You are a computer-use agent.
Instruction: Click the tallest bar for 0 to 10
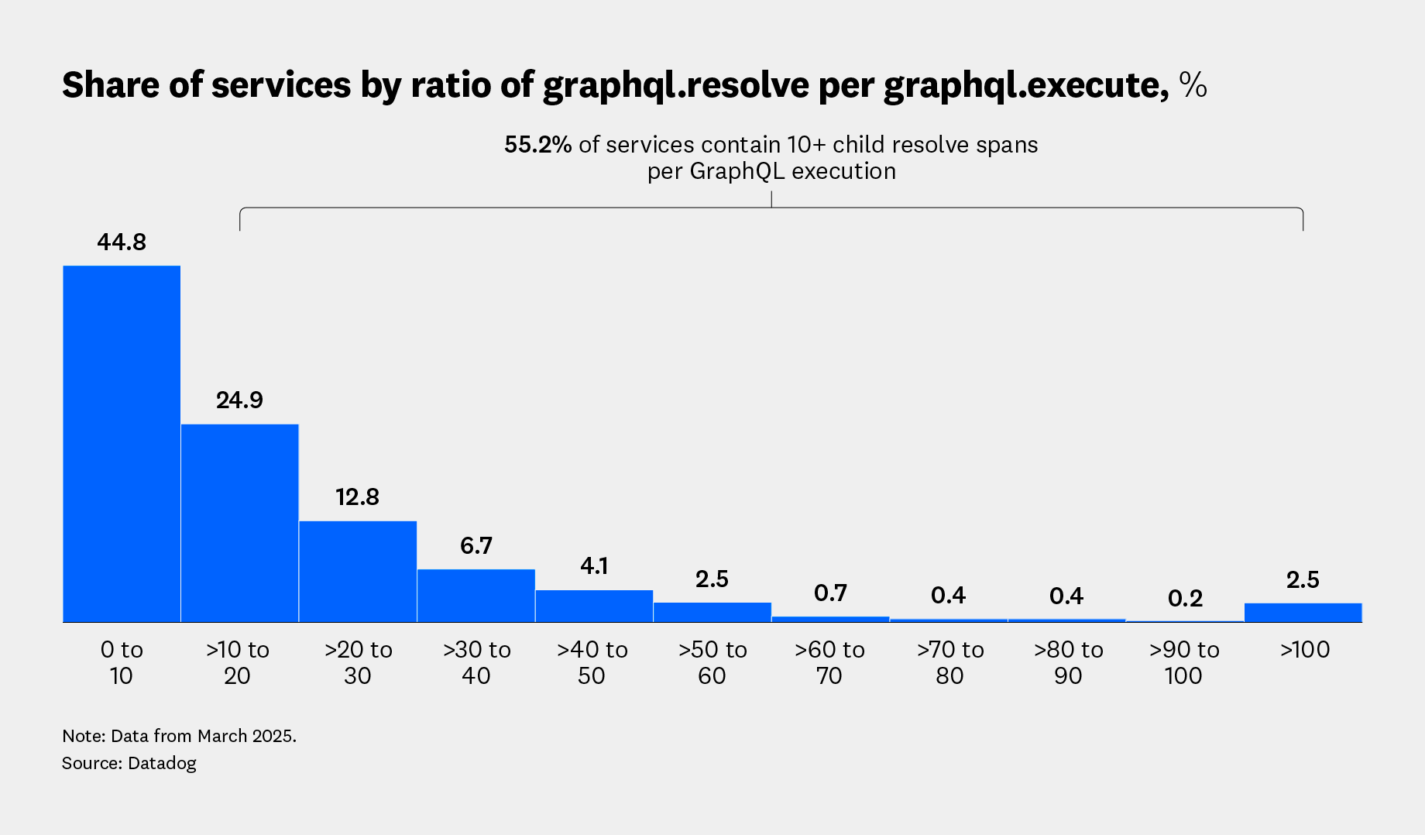122,443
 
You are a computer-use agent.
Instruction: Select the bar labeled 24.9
239,523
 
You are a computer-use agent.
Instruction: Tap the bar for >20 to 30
358,571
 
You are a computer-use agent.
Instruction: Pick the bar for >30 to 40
476,595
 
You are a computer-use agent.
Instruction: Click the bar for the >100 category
1303,612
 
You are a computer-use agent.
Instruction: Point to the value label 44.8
122,242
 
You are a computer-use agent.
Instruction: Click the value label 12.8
357,497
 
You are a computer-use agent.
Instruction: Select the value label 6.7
476,546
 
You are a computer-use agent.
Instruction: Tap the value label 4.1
594,566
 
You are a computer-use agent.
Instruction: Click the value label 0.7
830,593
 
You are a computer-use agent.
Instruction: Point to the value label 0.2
1185,599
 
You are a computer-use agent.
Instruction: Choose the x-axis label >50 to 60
712,662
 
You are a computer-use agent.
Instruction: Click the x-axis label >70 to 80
949,662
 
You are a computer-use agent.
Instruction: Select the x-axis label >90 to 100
1184,662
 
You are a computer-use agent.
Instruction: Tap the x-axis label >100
1304,650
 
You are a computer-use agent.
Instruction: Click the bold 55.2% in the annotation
537,145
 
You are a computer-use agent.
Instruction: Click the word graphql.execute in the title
1025,85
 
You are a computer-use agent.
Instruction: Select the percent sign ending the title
1193,85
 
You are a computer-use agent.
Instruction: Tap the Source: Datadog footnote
129,763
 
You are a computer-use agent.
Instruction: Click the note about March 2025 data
179,736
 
